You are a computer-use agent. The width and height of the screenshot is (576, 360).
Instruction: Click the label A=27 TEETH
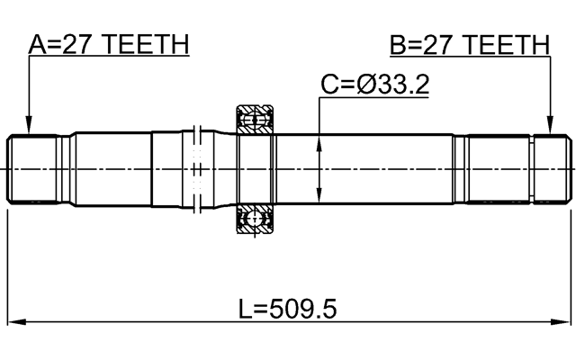pos(108,44)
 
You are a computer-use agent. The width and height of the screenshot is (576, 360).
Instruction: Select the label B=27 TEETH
pos(468,44)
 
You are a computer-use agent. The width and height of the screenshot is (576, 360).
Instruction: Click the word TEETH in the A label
pos(148,44)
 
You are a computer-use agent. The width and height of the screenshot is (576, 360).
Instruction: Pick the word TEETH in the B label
pos(508,44)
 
